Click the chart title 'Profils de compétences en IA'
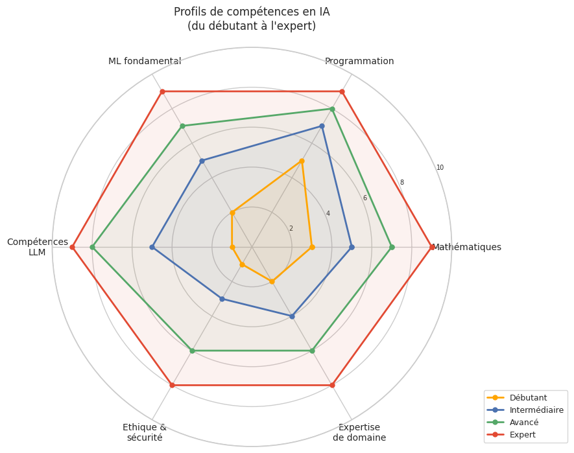(x=252, y=12)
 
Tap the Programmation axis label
(x=359, y=62)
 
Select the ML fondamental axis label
(x=145, y=62)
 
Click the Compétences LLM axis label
(x=38, y=247)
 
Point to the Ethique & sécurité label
(x=145, y=432)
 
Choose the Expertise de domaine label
(x=359, y=432)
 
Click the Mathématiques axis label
(x=467, y=247)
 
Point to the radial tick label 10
(x=440, y=168)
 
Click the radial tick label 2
(x=291, y=228)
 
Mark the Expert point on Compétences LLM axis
(x=73, y=247)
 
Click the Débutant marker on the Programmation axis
(x=302, y=161)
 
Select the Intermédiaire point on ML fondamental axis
(x=202, y=161)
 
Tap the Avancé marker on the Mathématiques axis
(x=392, y=247)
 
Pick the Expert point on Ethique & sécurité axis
(x=172, y=385)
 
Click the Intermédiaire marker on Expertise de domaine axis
(x=292, y=316)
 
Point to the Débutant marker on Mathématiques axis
(x=312, y=247)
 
